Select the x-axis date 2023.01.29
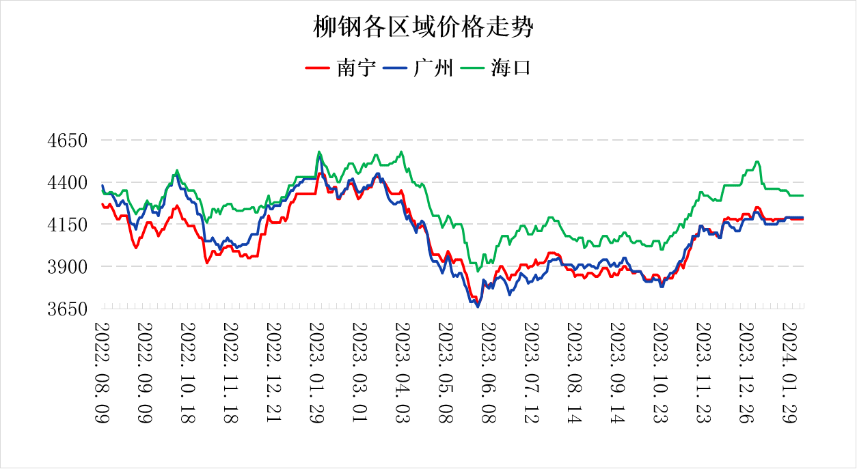316,373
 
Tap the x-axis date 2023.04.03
403,373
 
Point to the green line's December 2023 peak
757,162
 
